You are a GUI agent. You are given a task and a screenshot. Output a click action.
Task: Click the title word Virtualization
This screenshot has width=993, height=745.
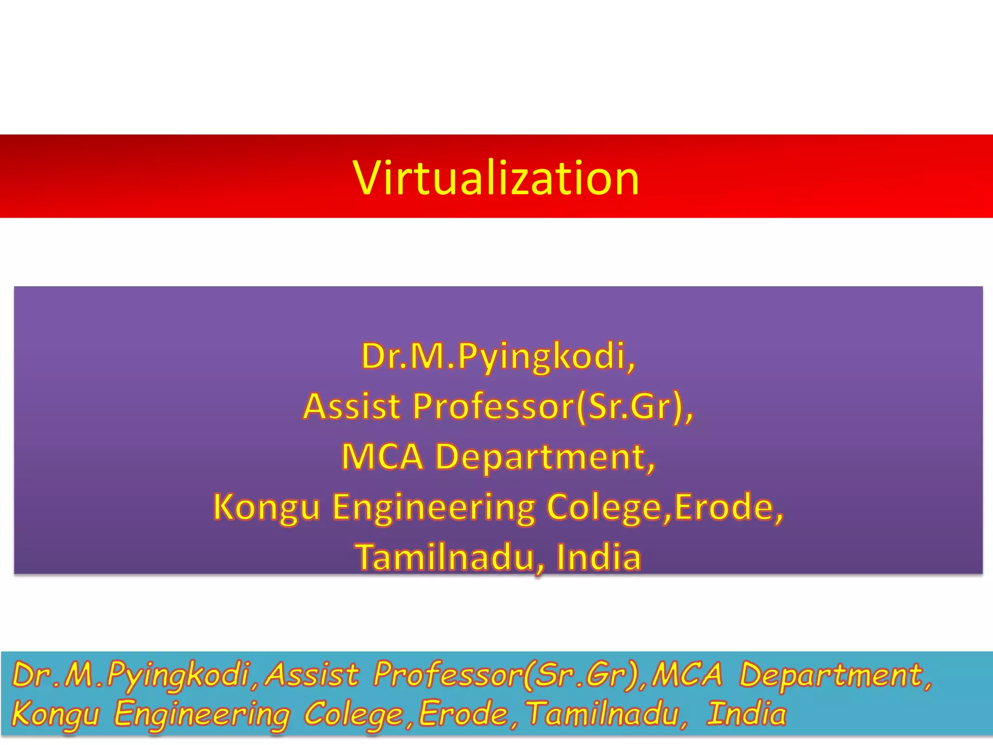coord(496,178)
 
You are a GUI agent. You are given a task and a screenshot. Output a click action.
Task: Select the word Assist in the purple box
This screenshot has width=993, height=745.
coord(352,406)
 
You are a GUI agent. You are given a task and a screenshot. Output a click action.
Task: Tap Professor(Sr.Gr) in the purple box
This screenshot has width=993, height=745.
coord(548,406)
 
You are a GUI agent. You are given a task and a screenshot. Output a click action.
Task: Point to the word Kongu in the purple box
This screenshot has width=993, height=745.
coord(267,507)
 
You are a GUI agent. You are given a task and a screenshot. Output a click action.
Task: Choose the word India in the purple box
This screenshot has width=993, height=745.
coord(599,557)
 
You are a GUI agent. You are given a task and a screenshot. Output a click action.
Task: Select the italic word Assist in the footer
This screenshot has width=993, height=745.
coord(313,675)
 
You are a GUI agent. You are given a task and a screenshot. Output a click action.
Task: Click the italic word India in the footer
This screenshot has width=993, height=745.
coord(747,714)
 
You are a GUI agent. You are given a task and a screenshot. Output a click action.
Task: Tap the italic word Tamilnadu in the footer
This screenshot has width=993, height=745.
coord(604,714)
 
